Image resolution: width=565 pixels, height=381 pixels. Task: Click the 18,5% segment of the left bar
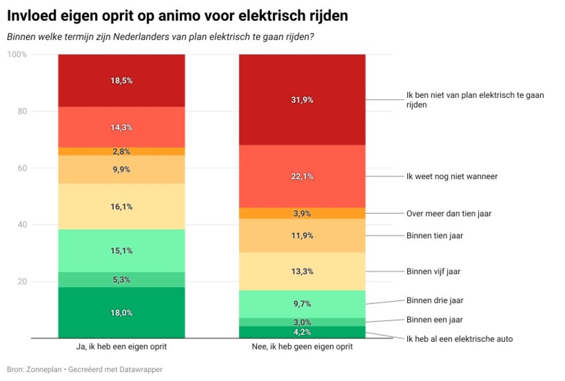click(122, 81)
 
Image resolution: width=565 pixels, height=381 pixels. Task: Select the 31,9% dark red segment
click(302, 100)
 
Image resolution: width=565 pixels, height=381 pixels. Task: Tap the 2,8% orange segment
click(122, 151)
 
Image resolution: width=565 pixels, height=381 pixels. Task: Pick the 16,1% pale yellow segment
click(122, 207)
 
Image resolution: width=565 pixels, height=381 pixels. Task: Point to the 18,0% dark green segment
click(122, 313)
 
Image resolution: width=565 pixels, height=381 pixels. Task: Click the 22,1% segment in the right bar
click(302, 176)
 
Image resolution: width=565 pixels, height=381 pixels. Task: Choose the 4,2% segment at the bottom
click(302, 332)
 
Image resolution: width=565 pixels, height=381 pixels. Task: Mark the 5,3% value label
click(122, 280)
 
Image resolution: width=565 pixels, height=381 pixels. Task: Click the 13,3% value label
click(302, 271)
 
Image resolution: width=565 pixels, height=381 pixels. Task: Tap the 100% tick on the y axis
click(17, 54)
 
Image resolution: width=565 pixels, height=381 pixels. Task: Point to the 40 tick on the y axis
click(22, 225)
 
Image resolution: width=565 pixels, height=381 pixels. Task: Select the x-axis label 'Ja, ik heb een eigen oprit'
click(122, 347)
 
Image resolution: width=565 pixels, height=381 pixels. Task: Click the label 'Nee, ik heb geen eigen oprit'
click(302, 347)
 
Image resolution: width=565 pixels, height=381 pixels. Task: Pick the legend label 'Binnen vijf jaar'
click(433, 271)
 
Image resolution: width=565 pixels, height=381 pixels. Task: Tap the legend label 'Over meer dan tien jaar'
click(449, 214)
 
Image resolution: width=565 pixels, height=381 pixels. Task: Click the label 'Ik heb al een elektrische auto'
click(459, 339)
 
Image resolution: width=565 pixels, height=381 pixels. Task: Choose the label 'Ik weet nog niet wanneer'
click(452, 176)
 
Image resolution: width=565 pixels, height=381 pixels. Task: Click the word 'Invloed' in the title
click(32, 16)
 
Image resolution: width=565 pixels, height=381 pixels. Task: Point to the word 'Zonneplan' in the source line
click(44, 369)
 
